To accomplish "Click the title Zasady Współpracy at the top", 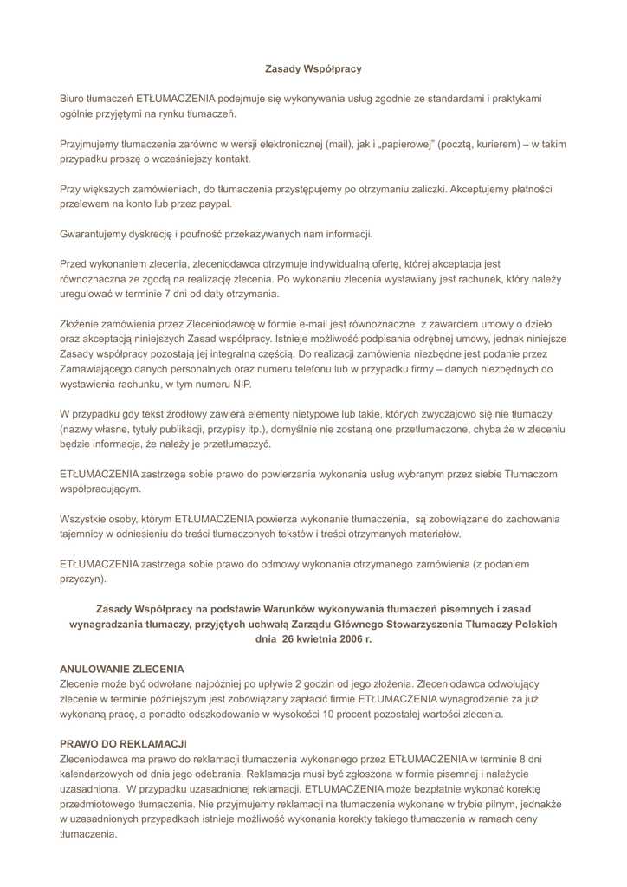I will (313, 68).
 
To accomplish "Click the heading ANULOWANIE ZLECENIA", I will (121, 670).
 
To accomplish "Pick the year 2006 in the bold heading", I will (345, 639).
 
